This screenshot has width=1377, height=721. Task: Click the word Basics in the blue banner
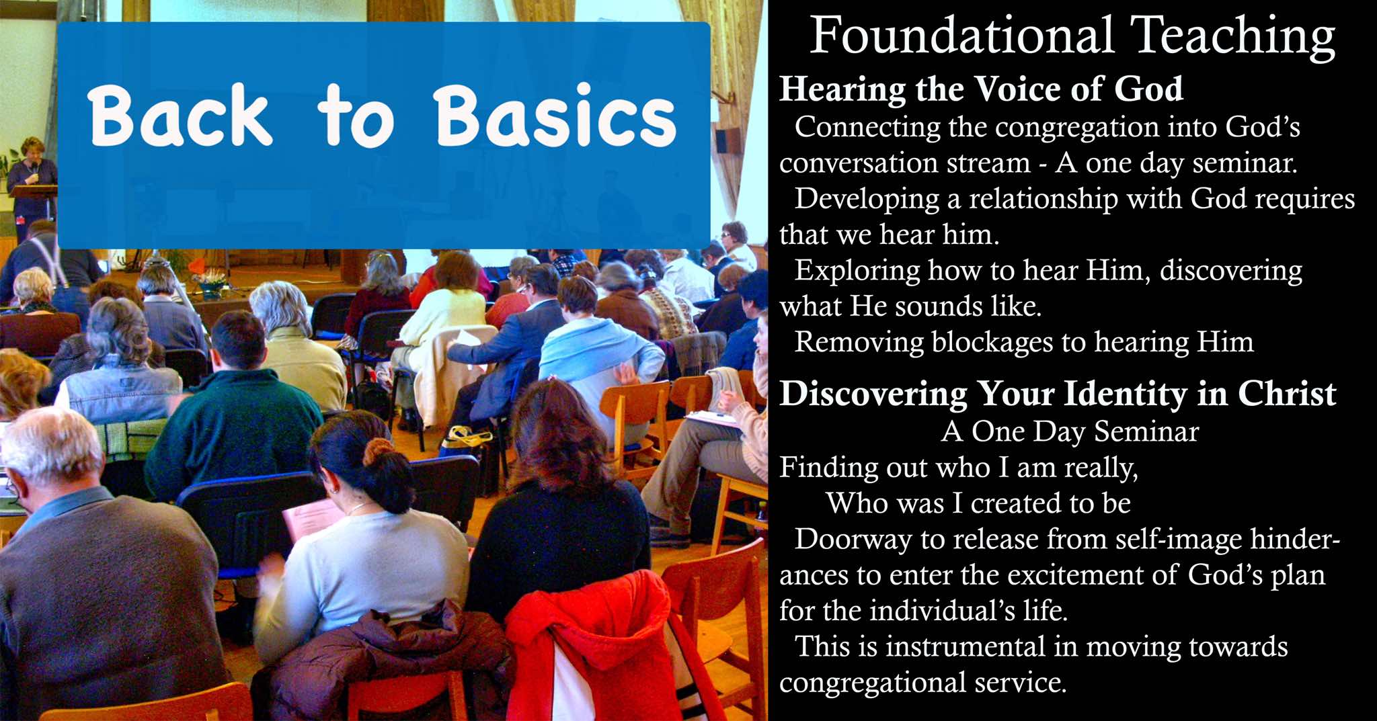pos(555,116)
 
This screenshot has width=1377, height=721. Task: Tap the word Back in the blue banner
pos(180,116)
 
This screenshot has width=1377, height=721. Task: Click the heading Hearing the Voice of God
pos(981,89)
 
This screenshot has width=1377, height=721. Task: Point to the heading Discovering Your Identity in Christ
pos(1058,394)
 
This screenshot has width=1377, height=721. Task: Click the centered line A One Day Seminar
pos(1070,431)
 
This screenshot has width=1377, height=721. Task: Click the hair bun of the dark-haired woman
pos(379,452)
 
